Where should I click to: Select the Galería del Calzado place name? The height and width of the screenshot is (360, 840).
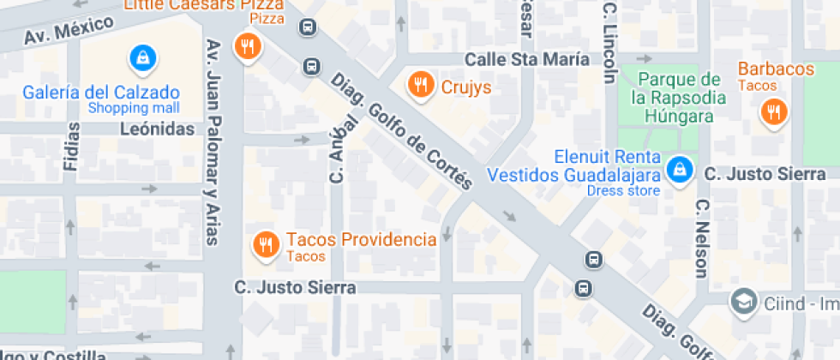101,92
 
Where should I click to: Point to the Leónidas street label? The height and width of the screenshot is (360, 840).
157,129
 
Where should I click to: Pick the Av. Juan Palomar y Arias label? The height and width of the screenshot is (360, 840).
212,141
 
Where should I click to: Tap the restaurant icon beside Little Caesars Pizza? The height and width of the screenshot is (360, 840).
249,46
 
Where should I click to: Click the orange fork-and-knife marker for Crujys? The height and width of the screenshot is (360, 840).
419,84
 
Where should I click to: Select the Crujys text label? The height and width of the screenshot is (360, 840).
465,87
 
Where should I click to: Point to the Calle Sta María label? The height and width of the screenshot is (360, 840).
527,59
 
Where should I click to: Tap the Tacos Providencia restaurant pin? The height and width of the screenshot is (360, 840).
266,245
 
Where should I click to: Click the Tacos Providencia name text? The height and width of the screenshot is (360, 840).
361,239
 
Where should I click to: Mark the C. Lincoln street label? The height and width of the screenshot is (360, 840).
609,41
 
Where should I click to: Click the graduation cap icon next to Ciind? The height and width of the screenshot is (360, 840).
742,301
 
